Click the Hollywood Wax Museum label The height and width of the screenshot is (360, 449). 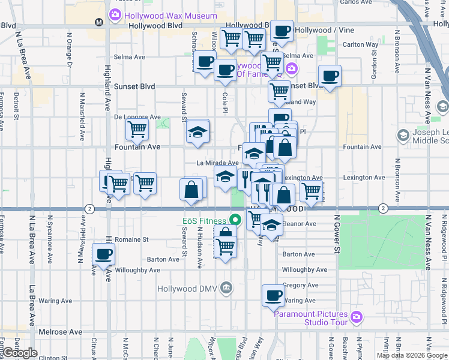(x=162, y=14)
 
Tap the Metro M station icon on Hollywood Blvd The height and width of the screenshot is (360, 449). (x=100, y=22)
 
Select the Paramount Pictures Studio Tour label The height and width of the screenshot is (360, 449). (x=312, y=318)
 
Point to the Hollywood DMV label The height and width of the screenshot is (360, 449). (x=188, y=288)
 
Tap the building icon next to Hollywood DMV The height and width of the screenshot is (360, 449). (x=226, y=287)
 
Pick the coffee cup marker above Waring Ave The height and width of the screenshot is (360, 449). (x=273, y=295)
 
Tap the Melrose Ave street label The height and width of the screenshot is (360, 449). (x=60, y=331)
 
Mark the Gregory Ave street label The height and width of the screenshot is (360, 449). (x=300, y=286)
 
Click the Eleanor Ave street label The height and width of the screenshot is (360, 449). (x=302, y=224)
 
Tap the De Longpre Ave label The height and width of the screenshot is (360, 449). (x=137, y=117)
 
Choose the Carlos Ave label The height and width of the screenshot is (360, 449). (x=356, y=2)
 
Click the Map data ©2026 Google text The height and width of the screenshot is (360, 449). (x=411, y=355)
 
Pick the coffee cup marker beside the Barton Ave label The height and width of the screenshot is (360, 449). (x=104, y=254)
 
